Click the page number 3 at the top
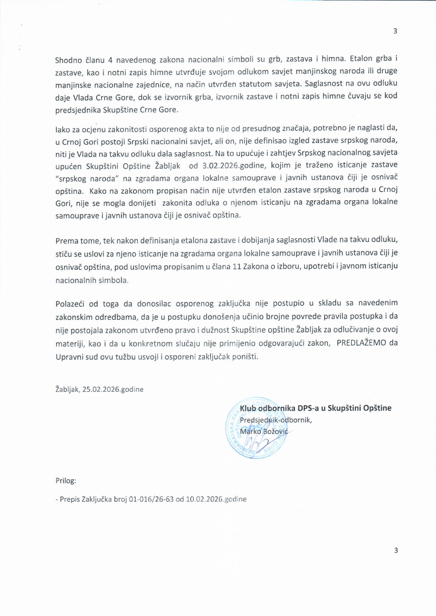tap(395, 31)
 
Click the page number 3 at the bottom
tap(396, 550)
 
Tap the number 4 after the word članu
tap(110, 60)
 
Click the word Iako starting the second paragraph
tap(62, 130)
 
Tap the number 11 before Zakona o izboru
tap(237, 267)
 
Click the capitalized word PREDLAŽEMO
tap(361, 343)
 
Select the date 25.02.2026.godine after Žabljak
tap(113, 389)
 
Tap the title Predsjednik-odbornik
tap(276, 420)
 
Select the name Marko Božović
tap(264, 432)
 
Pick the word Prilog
tap(66, 481)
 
